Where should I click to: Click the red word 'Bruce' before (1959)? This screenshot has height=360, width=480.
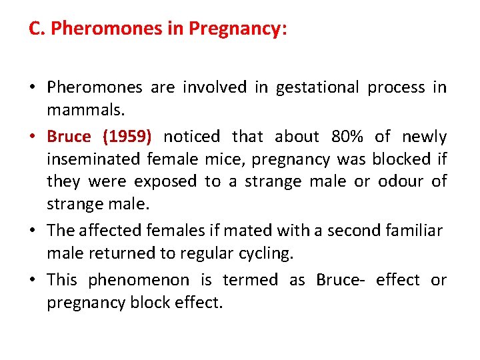tap(69, 137)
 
